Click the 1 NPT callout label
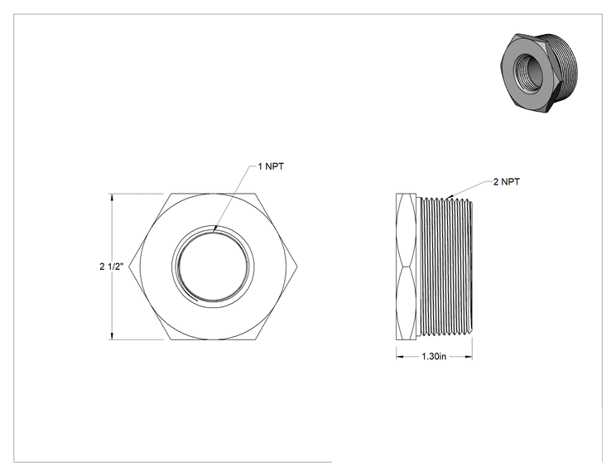(x=271, y=166)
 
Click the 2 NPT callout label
(x=507, y=182)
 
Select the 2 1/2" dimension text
(x=112, y=267)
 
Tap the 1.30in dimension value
(x=434, y=357)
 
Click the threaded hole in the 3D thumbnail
(x=527, y=71)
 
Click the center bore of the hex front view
(x=213, y=267)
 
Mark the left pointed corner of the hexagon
(x=129, y=267)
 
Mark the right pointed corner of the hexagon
(x=297, y=267)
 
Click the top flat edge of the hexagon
(x=214, y=194)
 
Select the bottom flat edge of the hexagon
(x=214, y=339)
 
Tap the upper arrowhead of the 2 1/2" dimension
(x=113, y=197)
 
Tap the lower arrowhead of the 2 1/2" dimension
(x=113, y=336)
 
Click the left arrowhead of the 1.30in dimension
(x=400, y=357)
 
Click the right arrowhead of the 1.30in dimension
(x=469, y=357)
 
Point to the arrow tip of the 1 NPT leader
(x=214, y=230)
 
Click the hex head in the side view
(x=406, y=267)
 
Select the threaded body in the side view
(x=446, y=267)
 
